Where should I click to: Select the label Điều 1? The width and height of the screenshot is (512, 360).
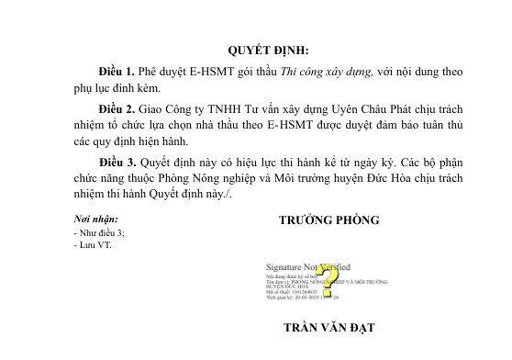tap(117, 71)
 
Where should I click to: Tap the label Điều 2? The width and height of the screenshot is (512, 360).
tap(117, 107)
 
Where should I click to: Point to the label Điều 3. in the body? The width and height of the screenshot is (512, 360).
tap(117, 160)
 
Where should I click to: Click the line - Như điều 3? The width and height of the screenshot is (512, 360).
tap(98, 234)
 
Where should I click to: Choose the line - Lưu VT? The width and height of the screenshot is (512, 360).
tap(92, 245)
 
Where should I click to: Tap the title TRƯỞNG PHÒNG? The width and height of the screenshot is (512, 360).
tap(328, 221)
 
